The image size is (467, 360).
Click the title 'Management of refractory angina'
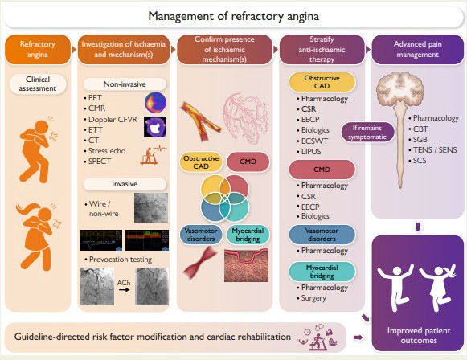[x=233, y=16]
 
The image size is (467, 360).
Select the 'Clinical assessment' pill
[x=38, y=84]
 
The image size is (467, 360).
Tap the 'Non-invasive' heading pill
[x=125, y=84]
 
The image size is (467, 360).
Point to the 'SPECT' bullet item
[x=97, y=162]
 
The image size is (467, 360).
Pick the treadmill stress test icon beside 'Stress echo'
[x=153, y=154]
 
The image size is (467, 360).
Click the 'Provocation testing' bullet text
[x=118, y=260]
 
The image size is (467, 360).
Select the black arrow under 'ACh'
[x=124, y=289]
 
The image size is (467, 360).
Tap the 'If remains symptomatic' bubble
[x=367, y=133]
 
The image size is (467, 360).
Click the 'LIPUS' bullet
[x=309, y=152]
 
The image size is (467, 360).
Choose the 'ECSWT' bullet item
[x=313, y=141]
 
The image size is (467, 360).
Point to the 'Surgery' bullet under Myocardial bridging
[x=311, y=298]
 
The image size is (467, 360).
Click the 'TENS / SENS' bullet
[x=432, y=149]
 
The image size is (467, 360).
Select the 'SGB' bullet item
[x=418, y=139]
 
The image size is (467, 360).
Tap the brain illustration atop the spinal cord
[x=400, y=88]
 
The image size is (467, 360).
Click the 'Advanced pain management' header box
[x=417, y=50]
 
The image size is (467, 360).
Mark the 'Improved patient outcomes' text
[x=419, y=336]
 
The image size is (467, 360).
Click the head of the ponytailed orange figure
[x=45, y=215]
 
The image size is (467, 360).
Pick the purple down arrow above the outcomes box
[x=418, y=227]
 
